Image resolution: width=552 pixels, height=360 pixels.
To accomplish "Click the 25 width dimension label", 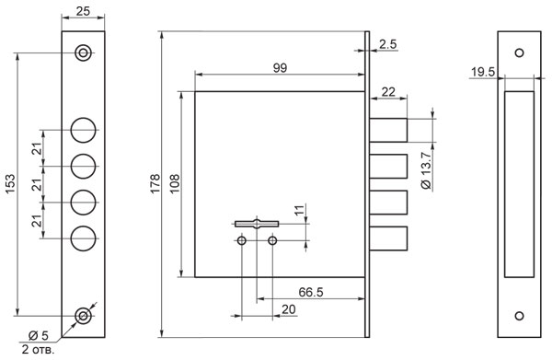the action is [83, 11].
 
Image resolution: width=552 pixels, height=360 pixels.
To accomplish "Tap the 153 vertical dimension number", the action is [10, 183].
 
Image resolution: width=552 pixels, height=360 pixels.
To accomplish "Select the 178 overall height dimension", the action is [155, 183].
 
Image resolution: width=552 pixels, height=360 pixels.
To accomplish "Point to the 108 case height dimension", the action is [175, 183].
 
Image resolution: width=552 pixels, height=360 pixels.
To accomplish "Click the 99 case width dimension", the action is [280, 67].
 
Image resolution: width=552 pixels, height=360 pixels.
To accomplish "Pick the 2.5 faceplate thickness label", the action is [388, 44].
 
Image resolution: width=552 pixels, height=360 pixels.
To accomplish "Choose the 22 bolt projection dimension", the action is [388, 92].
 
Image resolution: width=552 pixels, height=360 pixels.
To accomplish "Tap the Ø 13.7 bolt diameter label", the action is [426, 171].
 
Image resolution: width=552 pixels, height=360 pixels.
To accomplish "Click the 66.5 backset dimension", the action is [311, 292].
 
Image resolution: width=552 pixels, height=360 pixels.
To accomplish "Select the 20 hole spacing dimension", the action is [288, 309].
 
